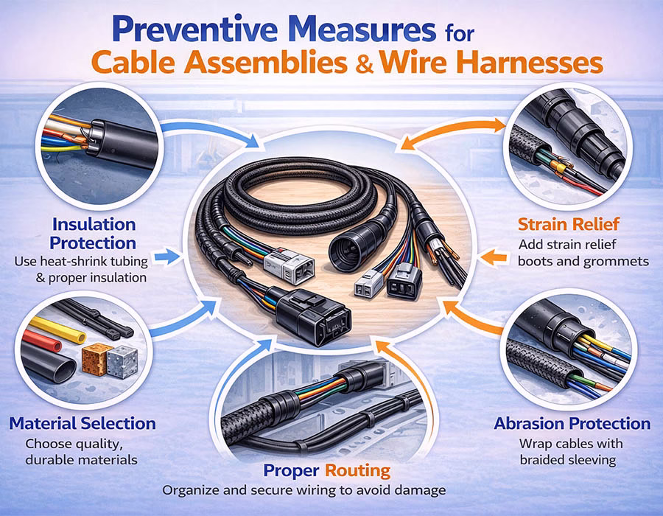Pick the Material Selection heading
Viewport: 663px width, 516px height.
[x=83, y=423]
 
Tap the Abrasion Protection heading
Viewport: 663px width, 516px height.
[x=572, y=423]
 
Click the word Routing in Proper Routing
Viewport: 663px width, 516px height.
[x=357, y=470]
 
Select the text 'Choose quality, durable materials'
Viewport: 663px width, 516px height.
[x=81, y=451]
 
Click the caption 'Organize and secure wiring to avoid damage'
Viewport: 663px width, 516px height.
[x=304, y=490]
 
